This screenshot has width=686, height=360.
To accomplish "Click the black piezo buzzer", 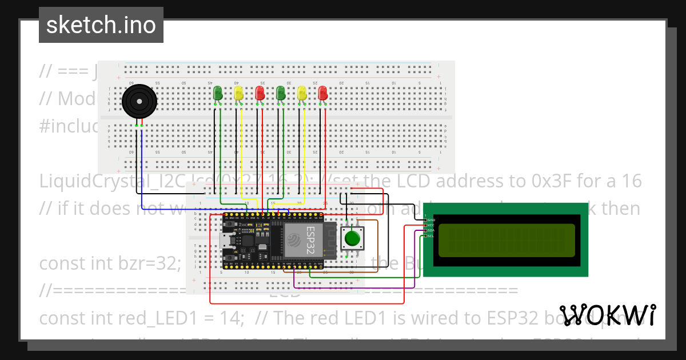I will (138, 102).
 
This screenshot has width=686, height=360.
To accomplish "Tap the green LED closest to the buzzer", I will (218, 93).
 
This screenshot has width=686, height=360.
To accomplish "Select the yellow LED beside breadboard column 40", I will (239, 94).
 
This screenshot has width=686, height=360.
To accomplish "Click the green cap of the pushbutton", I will (353, 237).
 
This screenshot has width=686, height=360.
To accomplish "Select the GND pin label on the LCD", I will (431, 220).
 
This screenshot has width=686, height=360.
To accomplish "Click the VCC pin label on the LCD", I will (431, 225).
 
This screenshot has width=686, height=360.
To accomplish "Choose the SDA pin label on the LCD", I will (431, 230).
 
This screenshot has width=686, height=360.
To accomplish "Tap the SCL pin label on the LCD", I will (431, 235).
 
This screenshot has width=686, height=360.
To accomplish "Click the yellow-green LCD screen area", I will (506, 240).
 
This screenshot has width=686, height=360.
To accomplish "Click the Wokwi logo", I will (608, 315).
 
